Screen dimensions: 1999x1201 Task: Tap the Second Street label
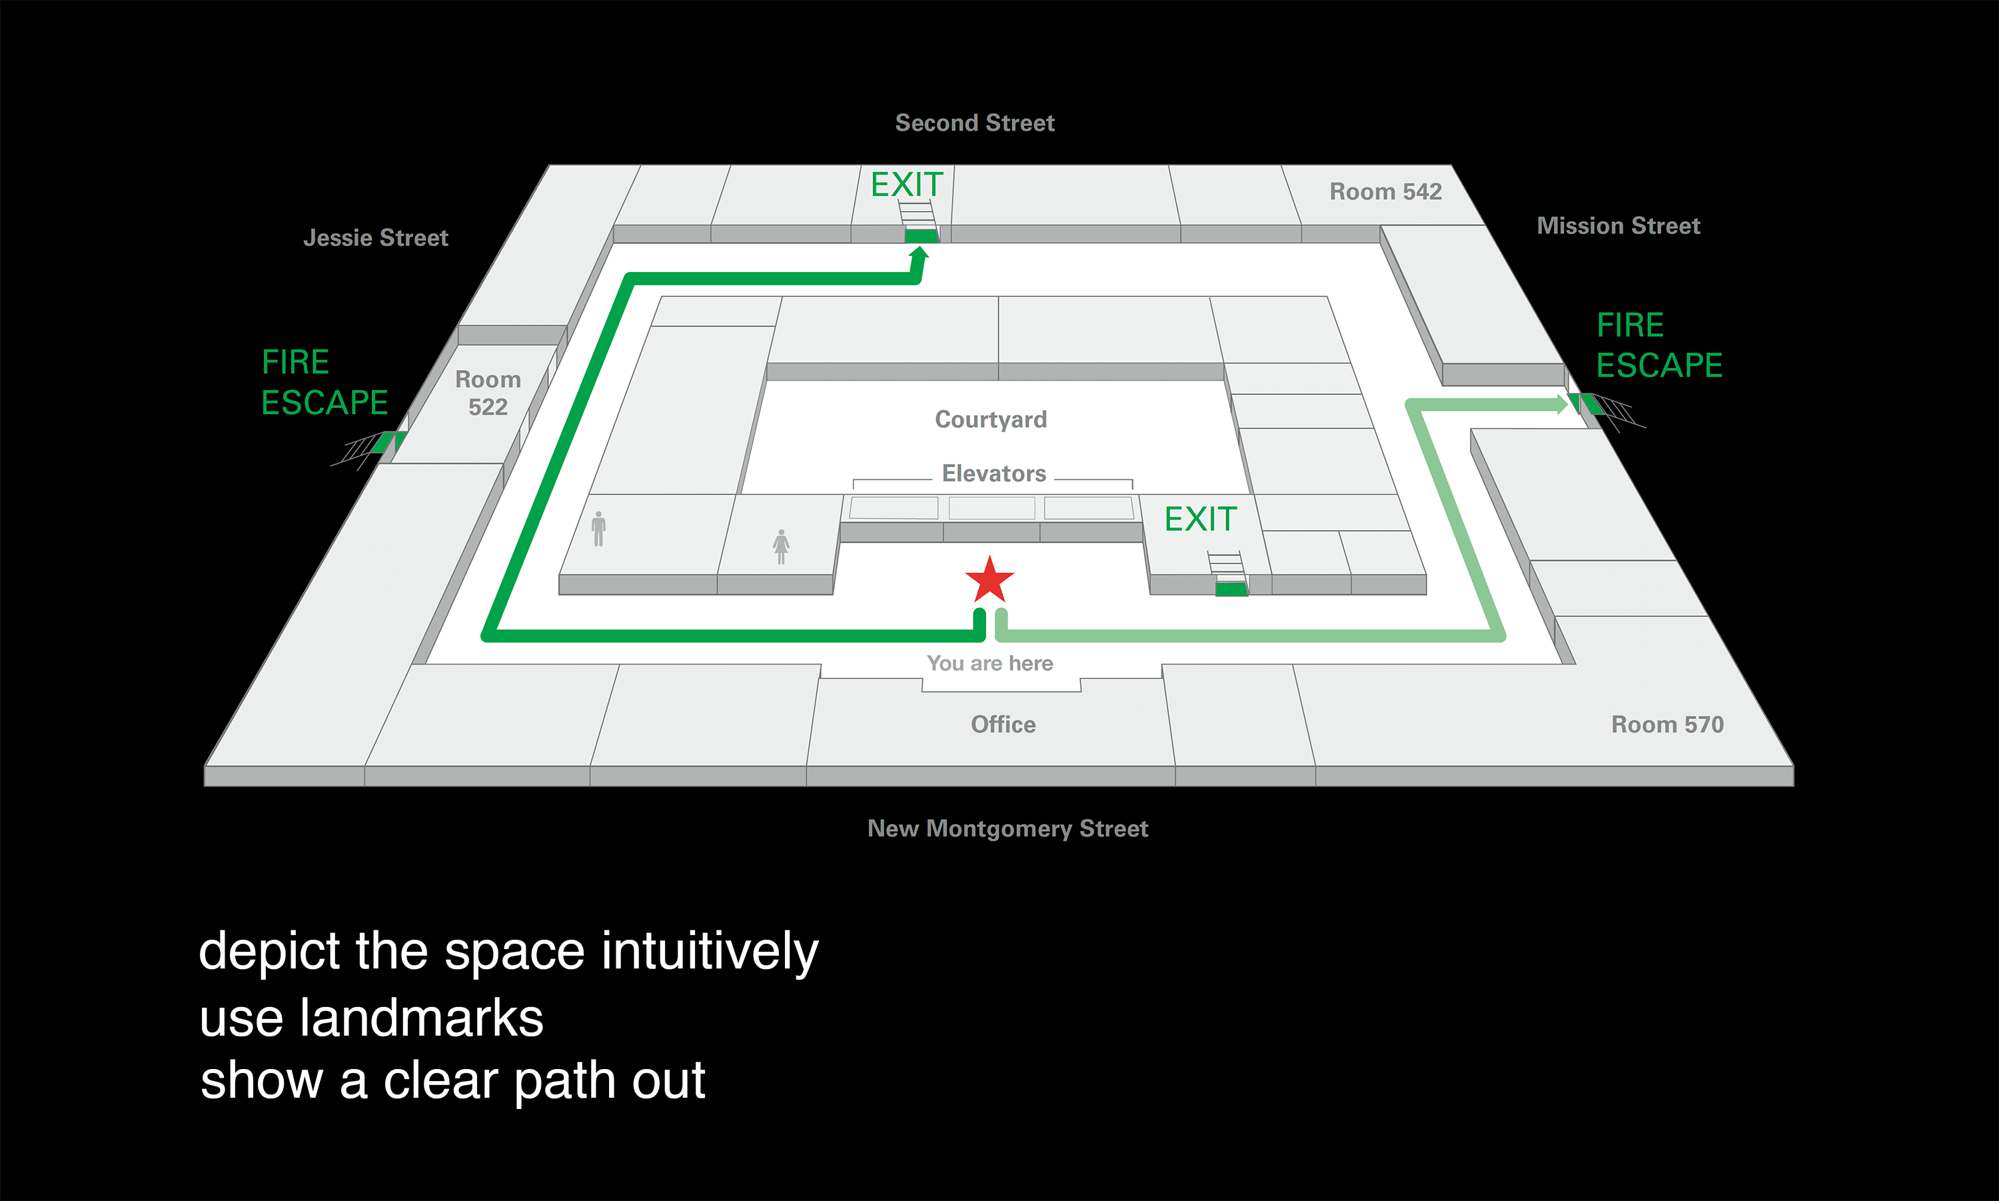(975, 123)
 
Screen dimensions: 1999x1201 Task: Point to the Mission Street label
(1618, 226)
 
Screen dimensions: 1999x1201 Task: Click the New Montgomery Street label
(1007, 828)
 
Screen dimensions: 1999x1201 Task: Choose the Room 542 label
(1385, 192)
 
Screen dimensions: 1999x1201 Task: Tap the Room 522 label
(488, 393)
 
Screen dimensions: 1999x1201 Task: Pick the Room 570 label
(1666, 724)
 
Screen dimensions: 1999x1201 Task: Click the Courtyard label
(990, 419)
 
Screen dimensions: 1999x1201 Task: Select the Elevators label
(994, 473)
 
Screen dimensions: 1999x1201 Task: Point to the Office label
(1003, 724)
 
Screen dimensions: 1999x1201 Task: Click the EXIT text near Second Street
(907, 185)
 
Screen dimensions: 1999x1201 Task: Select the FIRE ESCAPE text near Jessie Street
(325, 382)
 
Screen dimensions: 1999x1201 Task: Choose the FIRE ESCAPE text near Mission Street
(1659, 345)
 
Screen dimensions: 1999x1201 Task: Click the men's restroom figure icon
(598, 529)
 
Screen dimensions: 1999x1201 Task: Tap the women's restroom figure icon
(781, 547)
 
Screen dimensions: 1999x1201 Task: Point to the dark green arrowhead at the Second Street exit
(919, 254)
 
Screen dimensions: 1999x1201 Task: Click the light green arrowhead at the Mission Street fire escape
(1561, 404)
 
